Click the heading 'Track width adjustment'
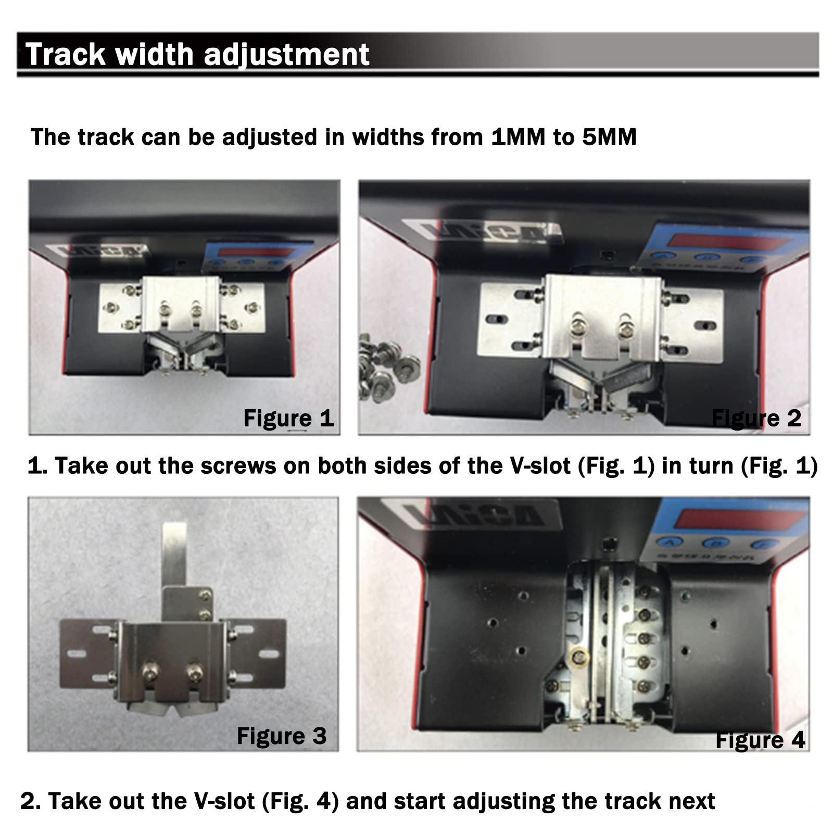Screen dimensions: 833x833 197,54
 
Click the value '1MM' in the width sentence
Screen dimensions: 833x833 518,137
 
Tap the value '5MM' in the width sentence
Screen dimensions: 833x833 609,137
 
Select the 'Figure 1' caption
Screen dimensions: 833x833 288,418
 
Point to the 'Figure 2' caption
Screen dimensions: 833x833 756,418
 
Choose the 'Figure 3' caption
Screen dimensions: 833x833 282,736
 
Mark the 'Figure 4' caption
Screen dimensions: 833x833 760,740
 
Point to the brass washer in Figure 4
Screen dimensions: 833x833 579,658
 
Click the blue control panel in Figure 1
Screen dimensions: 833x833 258,257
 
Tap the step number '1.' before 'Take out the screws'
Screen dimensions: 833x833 37,466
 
